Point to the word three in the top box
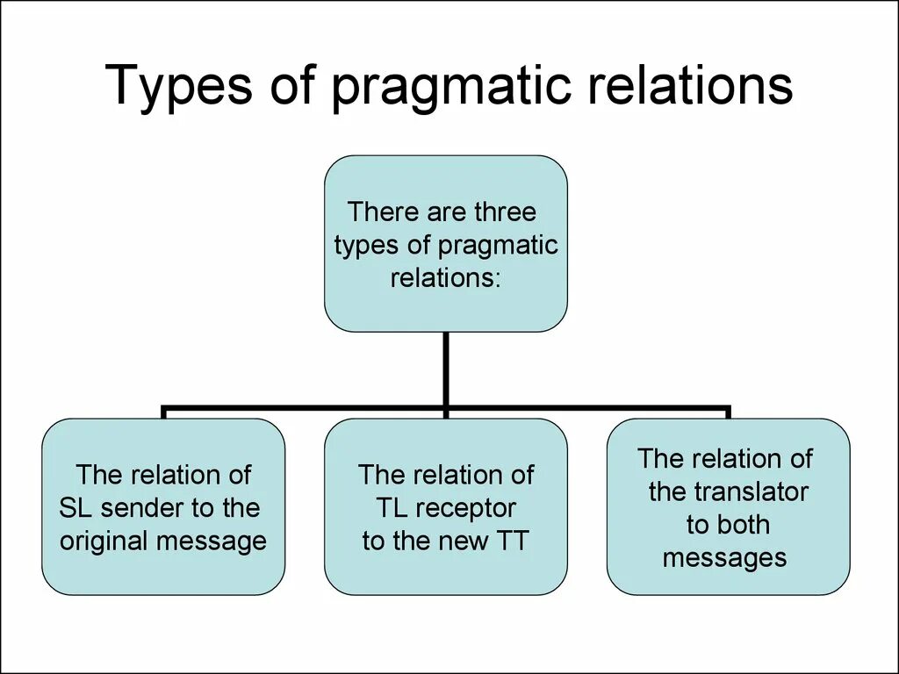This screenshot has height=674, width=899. (504, 212)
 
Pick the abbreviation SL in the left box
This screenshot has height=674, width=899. (75, 508)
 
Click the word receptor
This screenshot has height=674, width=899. (464, 509)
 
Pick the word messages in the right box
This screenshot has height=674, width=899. (724, 558)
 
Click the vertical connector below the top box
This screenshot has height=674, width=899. (446, 369)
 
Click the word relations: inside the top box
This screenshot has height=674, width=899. (445, 279)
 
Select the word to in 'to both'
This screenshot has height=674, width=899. (697, 526)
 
